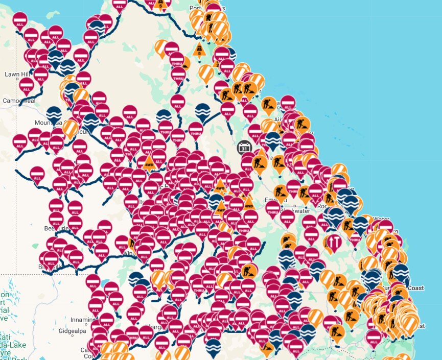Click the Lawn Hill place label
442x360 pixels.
[15, 74]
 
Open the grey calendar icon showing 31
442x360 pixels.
[245, 148]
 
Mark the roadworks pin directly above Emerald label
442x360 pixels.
[280, 192]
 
